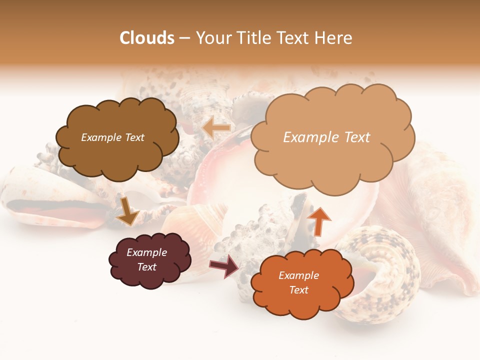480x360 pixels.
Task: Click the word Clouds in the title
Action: click(147, 38)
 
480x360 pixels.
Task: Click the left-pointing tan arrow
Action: click(216, 128)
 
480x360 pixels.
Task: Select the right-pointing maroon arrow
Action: click(224, 265)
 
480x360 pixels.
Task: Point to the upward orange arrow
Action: click(318, 221)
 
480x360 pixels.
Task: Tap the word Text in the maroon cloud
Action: click(147, 267)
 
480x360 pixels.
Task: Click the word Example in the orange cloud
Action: click(298, 275)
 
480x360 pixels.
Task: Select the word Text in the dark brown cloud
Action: click(134, 137)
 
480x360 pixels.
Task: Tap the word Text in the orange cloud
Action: click(298, 290)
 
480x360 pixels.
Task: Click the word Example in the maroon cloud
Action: click(147, 252)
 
